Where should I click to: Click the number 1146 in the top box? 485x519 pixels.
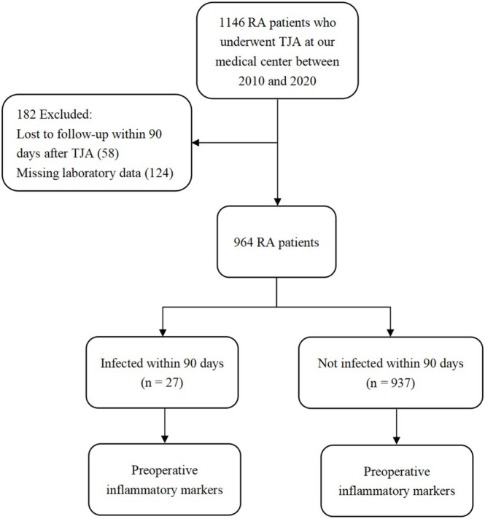[x=232, y=23]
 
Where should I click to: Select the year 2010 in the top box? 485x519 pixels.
[x=251, y=81]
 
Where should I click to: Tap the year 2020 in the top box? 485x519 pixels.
[x=303, y=81]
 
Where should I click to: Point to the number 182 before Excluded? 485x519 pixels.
[x=26, y=114]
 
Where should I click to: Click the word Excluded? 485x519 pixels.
[x=66, y=114]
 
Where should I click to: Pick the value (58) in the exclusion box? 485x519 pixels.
[x=108, y=153]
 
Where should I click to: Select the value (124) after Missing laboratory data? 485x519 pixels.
[x=159, y=173]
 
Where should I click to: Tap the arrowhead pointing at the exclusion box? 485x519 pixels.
[x=195, y=143]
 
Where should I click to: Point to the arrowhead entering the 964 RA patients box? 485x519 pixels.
[x=278, y=202]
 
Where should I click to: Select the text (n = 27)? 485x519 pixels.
[x=162, y=383]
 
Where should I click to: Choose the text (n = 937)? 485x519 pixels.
[x=391, y=383]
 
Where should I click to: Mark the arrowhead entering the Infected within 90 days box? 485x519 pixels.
[x=163, y=332]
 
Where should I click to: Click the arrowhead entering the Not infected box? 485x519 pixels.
[x=391, y=332]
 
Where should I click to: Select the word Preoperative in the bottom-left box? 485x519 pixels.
[x=165, y=470]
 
